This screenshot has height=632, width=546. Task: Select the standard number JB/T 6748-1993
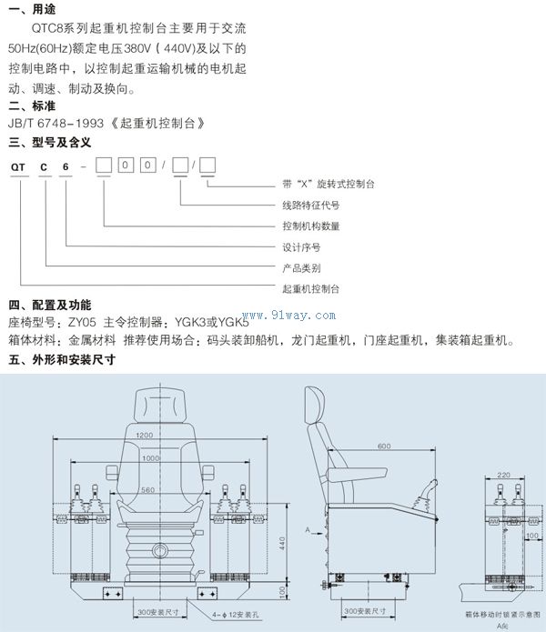pos(55,123)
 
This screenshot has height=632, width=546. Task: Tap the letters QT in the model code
pos(17,166)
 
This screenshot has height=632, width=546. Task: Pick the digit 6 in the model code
pos(64,166)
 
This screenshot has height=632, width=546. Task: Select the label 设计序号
pos(301,246)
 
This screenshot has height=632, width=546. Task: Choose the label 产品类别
pos(301,267)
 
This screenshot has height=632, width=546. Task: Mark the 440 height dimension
pos(282,542)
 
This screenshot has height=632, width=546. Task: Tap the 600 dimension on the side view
pos(384,446)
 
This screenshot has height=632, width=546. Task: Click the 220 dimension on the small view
pos(503,475)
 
